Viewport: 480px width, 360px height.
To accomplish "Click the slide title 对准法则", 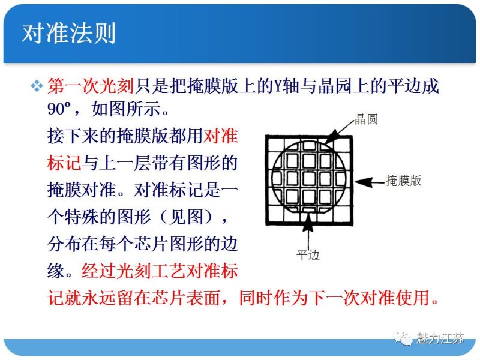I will tap(68, 33).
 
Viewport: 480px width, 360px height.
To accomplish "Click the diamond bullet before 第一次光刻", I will tap(37, 86).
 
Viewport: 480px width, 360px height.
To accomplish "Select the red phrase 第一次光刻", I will tap(90, 86).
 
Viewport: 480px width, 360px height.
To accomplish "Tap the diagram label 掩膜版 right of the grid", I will tap(403, 181).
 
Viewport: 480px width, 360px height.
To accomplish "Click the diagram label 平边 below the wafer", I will tap(308, 255).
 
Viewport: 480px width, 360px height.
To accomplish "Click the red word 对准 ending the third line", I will tap(221, 136).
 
